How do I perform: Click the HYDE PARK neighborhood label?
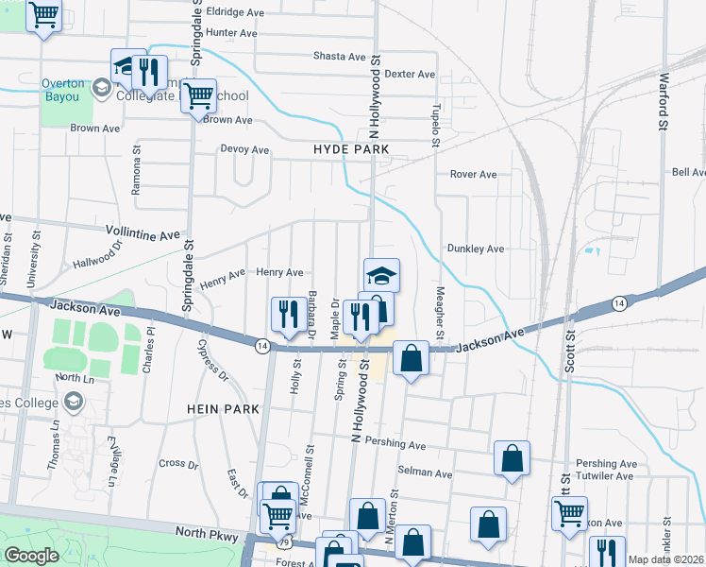coord(351,150)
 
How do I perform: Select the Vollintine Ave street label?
coord(142,233)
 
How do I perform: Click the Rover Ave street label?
coord(473,175)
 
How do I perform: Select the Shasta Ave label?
coord(339,57)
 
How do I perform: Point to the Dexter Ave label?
coord(410,74)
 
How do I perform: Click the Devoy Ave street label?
coord(244,149)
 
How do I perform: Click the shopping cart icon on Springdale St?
coord(197,95)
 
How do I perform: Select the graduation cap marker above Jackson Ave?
coord(381,275)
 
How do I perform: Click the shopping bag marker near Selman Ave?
coord(511,457)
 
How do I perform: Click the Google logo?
coord(32,556)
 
